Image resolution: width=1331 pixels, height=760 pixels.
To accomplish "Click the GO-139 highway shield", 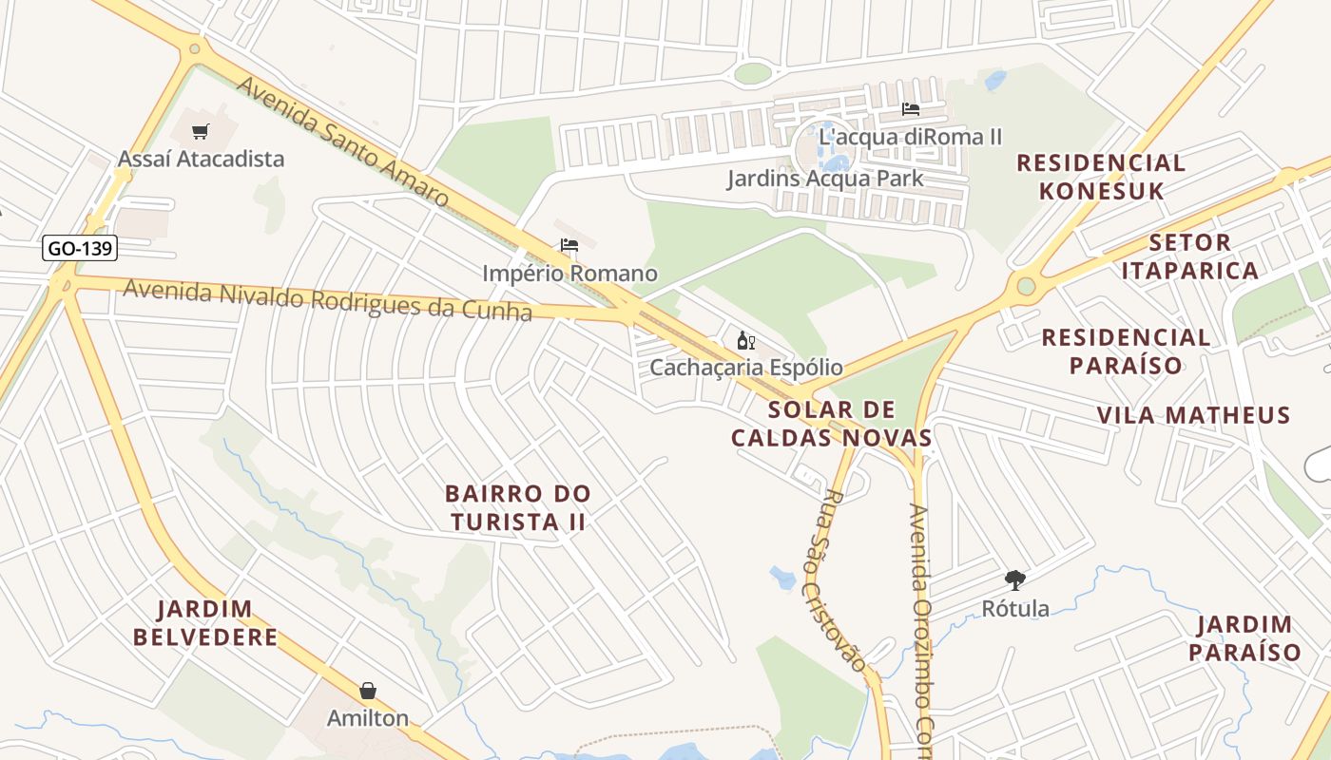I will click(x=81, y=249).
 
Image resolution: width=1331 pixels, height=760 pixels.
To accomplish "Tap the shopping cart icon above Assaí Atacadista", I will click(x=200, y=132).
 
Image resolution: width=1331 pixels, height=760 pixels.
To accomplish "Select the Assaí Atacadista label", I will click(x=201, y=159).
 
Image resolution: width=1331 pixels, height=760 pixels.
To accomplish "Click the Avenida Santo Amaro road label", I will click(x=342, y=142).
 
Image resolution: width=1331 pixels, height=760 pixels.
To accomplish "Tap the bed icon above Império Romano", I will click(x=569, y=245).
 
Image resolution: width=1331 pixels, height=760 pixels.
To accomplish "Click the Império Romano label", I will click(x=569, y=274).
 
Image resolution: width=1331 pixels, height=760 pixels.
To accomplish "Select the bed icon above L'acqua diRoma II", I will click(x=910, y=109).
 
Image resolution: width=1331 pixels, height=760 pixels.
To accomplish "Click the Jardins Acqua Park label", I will click(x=825, y=178).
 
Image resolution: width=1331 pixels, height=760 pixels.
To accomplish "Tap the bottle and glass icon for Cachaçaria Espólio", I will click(x=746, y=340).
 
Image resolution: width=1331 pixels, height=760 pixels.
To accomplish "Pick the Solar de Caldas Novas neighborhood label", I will click(x=832, y=424).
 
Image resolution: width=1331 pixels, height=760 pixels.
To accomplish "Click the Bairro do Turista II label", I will click(x=518, y=507).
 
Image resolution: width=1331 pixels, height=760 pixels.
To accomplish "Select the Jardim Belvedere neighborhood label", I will click(x=205, y=622).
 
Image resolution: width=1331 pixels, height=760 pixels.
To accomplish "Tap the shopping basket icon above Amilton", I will click(x=368, y=691).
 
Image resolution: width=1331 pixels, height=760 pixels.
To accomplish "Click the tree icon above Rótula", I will click(x=1015, y=579).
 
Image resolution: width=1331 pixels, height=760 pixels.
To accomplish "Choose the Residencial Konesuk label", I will click(x=1101, y=177).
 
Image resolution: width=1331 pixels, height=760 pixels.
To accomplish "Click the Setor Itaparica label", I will click(x=1189, y=256).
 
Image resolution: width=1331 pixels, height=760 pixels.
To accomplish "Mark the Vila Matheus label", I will click(x=1193, y=415).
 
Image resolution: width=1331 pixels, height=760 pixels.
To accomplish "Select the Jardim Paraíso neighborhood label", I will click(x=1244, y=638).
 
